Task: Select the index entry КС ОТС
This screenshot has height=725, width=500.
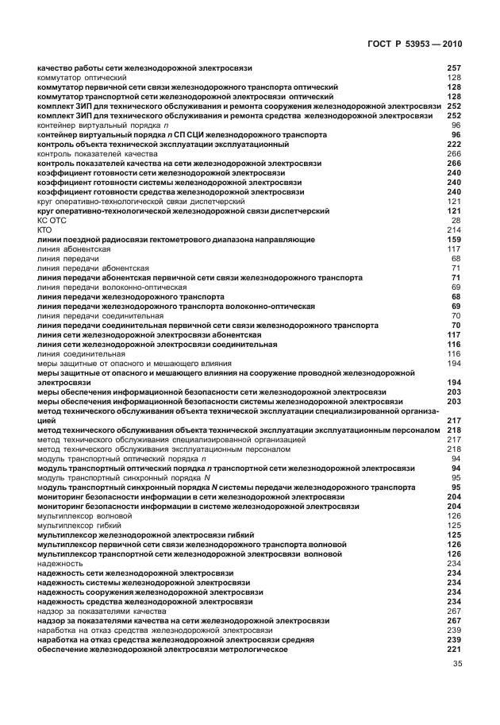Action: [x=50, y=220]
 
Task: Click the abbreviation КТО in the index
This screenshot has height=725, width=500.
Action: [x=45, y=229]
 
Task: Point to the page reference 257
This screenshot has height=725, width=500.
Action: [x=454, y=68]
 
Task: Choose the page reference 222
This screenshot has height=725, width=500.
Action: [x=454, y=145]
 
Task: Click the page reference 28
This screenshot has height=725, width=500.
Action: [x=456, y=220]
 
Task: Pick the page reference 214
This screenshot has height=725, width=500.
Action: [x=454, y=229]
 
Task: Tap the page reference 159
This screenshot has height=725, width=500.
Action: [x=454, y=239]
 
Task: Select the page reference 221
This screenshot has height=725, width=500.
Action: [x=454, y=650]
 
